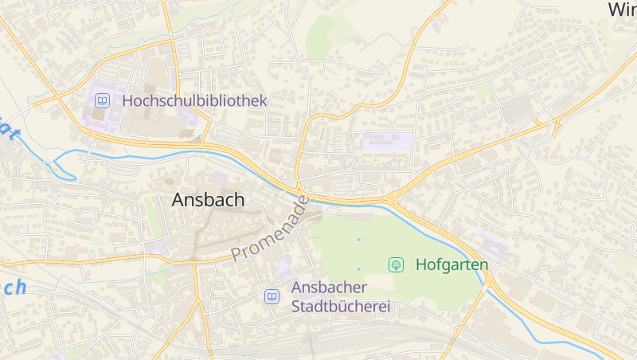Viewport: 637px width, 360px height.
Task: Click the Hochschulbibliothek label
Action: pyautogui.click(x=194, y=101)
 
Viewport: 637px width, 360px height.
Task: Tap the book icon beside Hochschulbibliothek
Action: pyautogui.click(x=102, y=101)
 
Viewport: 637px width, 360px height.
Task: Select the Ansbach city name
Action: pyautogui.click(x=208, y=200)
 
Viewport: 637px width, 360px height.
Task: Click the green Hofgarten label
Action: pyautogui.click(x=451, y=264)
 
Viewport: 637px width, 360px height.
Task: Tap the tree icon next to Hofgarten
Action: pyautogui.click(x=395, y=264)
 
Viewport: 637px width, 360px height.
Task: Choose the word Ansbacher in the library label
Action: pyautogui.click(x=329, y=288)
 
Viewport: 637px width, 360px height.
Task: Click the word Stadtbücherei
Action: pyautogui.click(x=342, y=307)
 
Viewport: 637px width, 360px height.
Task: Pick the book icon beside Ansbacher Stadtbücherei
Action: pyautogui.click(x=272, y=296)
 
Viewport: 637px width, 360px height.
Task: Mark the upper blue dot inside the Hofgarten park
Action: pyautogui.click(x=359, y=239)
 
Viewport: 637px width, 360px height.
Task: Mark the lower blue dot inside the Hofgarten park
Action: pyautogui.click(x=359, y=269)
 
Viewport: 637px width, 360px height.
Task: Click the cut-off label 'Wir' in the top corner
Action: pyautogui.click(x=622, y=10)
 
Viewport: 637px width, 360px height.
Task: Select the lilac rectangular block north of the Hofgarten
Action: pyautogui.click(x=387, y=143)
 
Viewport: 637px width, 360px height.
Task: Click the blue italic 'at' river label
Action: pyautogui.click(x=7, y=131)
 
